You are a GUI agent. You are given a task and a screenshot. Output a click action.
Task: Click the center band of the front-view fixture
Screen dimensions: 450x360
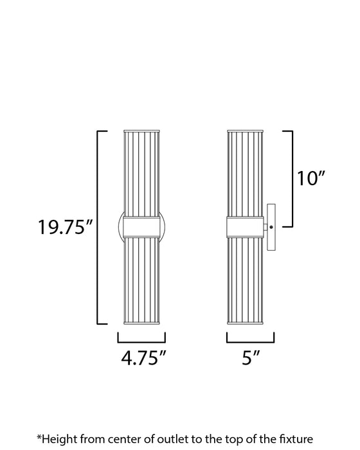141,226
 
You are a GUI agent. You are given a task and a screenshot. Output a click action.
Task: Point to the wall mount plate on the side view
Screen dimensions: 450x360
272,226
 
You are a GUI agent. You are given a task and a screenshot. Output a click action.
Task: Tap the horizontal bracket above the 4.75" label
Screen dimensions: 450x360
141,339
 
